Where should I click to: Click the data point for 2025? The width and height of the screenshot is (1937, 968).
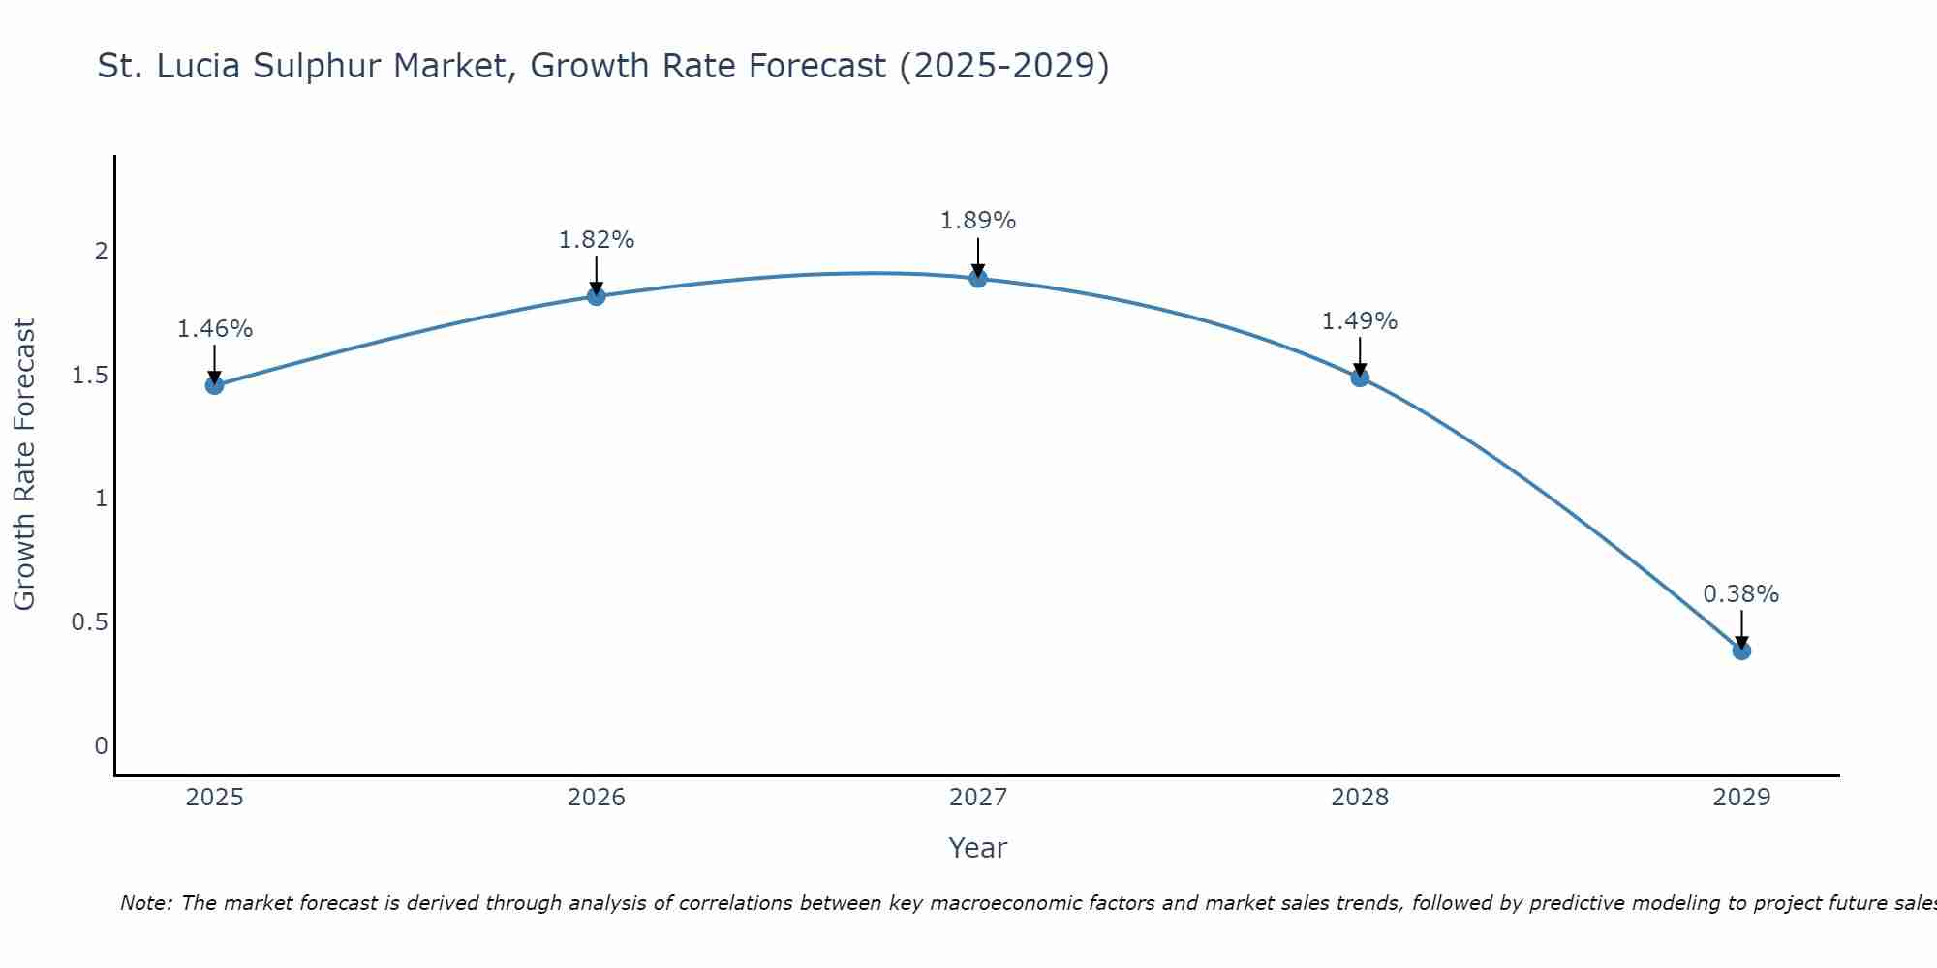click(214, 385)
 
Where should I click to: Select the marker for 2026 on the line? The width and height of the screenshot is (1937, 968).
click(596, 296)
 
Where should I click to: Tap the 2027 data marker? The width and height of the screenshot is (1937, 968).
click(978, 279)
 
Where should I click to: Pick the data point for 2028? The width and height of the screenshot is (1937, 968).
click(1360, 378)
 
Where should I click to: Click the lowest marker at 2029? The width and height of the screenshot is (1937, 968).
click(1741, 650)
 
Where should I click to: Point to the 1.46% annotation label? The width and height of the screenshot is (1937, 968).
click(214, 329)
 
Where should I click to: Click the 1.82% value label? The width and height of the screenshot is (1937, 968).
click(596, 240)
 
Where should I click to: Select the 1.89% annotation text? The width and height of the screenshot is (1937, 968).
click(978, 221)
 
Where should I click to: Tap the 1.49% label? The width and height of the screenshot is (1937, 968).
click(1360, 321)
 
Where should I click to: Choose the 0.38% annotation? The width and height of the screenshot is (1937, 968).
click(1741, 594)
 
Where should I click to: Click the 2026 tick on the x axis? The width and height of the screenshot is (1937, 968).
click(596, 798)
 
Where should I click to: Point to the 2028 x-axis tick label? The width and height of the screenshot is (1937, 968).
click(1360, 798)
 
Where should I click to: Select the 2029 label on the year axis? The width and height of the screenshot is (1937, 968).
click(1741, 798)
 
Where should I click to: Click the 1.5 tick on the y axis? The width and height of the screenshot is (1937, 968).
click(89, 376)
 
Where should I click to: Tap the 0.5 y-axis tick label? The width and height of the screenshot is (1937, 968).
click(89, 622)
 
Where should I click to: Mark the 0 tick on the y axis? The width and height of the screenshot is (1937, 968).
click(101, 746)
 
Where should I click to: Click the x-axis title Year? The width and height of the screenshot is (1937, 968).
click(978, 848)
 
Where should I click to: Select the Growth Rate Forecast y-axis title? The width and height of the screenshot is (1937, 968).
click(25, 465)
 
